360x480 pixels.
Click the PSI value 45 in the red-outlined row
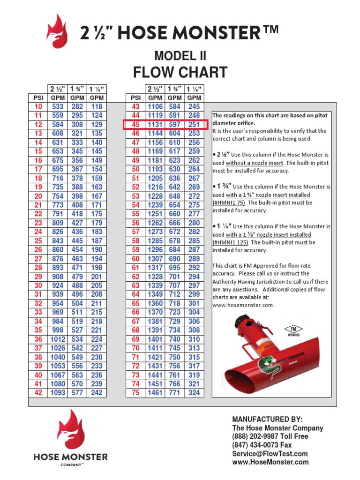coord(135,125)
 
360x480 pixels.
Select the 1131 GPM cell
coord(155,125)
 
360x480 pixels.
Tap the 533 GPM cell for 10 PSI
coord(57,107)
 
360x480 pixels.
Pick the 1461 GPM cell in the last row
coord(155,393)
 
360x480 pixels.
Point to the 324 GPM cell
coord(194,393)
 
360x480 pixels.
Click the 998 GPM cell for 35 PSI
coord(57,330)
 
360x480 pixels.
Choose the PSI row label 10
coord(38,107)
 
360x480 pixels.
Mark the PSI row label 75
coord(135,393)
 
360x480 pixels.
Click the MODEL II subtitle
coord(180,56)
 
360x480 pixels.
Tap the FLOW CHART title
coord(180,73)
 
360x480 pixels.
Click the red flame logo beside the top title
coord(57,31)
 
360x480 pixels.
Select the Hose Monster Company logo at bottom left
coord(70,438)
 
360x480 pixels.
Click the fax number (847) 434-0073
coord(262,445)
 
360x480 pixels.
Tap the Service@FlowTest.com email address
coord(270,453)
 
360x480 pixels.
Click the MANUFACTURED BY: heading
coord(267,419)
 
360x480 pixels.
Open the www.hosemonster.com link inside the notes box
coord(242,305)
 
